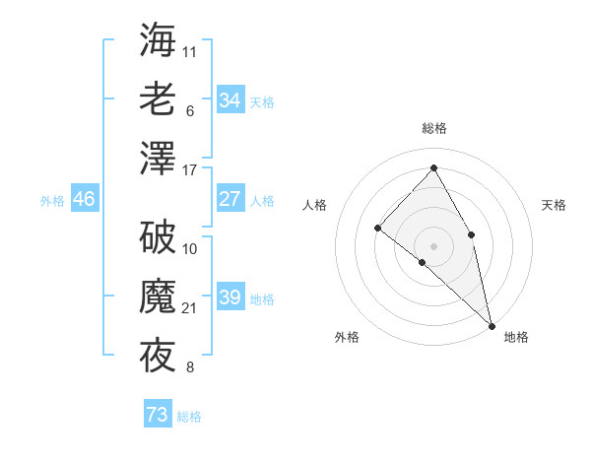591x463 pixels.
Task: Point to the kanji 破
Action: (159, 237)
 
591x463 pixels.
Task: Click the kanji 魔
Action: (159, 297)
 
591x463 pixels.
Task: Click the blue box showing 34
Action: (230, 100)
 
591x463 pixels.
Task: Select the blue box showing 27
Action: (230, 199)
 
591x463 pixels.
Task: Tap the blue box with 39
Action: (230, 298)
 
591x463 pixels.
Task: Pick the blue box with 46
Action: (85, 199)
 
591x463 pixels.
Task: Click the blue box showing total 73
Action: (158, 415)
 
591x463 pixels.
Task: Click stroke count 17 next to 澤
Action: (190, 169)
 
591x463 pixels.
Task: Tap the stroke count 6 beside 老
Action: (189, 110)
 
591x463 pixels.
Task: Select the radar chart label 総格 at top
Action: (434, 128)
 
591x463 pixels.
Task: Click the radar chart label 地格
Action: (516, 337)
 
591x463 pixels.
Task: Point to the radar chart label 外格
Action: (348, 337)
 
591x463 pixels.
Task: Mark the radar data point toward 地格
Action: (492, 325)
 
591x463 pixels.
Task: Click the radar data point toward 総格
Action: (433, 168)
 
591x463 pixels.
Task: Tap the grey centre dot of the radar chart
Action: (433, 245)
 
